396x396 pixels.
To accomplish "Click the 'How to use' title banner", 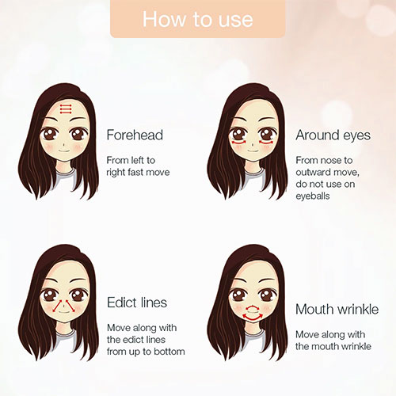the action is pos(198,19).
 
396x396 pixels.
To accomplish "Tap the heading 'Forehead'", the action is pos(135,135).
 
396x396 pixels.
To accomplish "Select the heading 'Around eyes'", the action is pos(333,135).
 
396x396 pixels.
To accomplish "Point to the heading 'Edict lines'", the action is pos(137,303).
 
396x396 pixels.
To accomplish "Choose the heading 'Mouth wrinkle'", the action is pos(337,309).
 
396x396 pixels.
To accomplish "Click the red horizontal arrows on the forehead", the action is pos(66,109).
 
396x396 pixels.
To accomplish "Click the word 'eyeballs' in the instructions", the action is pos(313,196).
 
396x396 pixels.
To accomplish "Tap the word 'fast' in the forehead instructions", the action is pos(135,173).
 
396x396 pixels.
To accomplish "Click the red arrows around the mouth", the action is pos(253,313).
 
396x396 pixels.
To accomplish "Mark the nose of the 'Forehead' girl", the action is pos(64,144).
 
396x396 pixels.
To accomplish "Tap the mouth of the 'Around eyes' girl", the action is pos(253,151).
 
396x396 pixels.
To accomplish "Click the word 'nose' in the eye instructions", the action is pos(329,161).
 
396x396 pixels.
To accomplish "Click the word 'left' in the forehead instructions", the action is pos(139,160).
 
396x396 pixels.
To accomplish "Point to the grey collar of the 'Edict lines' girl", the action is pos(65,335).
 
